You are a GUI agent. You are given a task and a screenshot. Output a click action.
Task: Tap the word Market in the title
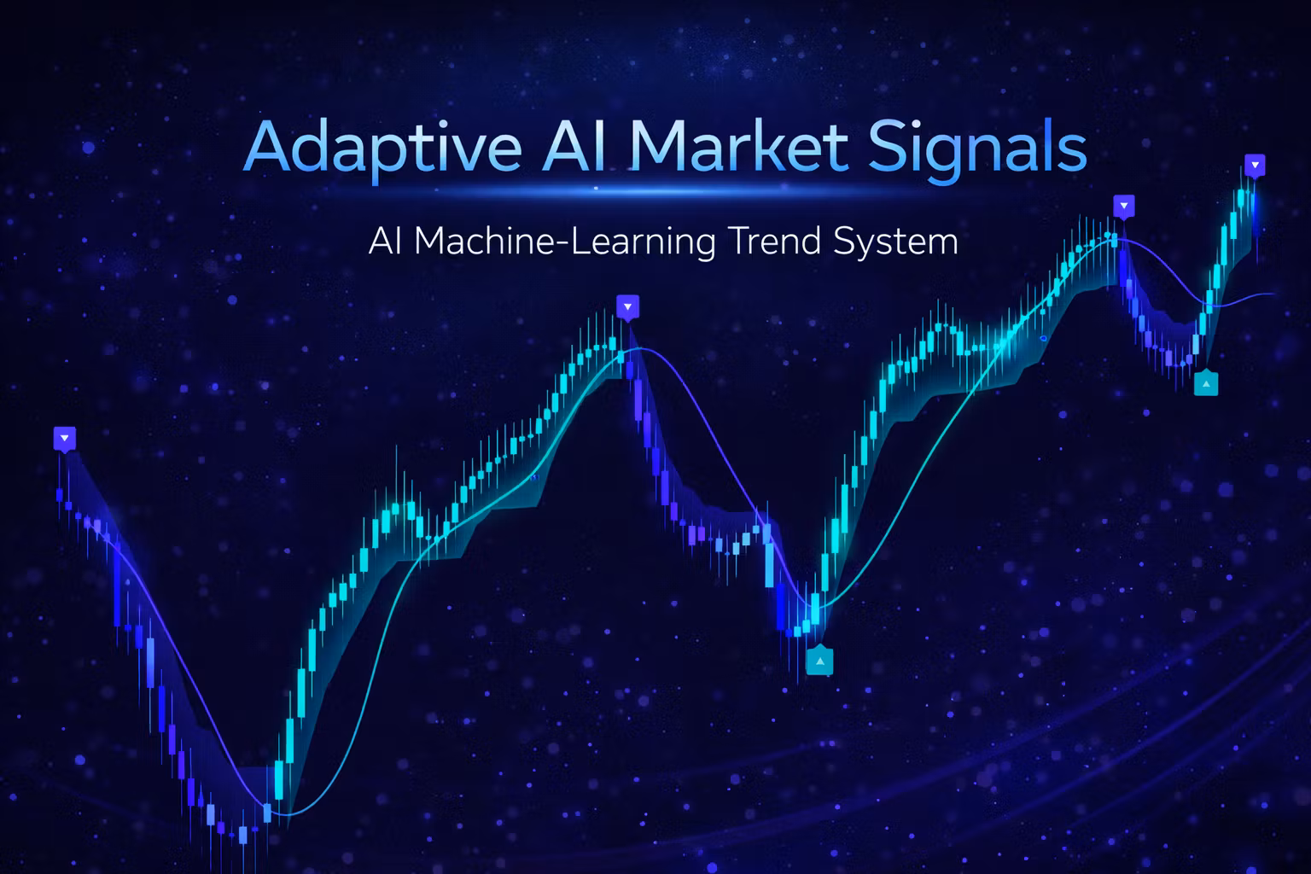[x=740, y=145]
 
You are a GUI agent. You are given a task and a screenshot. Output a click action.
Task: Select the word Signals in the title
[x=976, y=150]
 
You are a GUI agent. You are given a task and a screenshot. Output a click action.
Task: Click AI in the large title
[x=574, y=146]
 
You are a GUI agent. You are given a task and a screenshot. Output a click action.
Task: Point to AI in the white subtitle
[x=386, y=241]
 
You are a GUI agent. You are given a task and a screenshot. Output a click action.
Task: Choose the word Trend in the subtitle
[x=775, y=241]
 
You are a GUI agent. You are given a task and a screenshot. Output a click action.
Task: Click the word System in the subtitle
[x=895, y=243]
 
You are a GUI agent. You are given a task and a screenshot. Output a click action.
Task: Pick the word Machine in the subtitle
[x=483, y=241]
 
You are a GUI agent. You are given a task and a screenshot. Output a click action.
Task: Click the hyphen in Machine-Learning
[x=562, y=243]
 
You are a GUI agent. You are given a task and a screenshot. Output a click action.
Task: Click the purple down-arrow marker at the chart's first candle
[x=64, y=439]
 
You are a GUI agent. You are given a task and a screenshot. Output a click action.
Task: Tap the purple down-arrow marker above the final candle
[x=1254, y=166]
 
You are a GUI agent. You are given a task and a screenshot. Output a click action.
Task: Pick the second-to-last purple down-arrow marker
[x=1124, y=207]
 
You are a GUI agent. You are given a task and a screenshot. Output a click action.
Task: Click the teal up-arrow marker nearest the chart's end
[x=1206, y=384]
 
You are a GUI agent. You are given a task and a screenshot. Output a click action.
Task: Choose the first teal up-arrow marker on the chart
[x=820, y=661]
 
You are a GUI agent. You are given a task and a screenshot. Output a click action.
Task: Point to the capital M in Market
[x=659, y=146]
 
